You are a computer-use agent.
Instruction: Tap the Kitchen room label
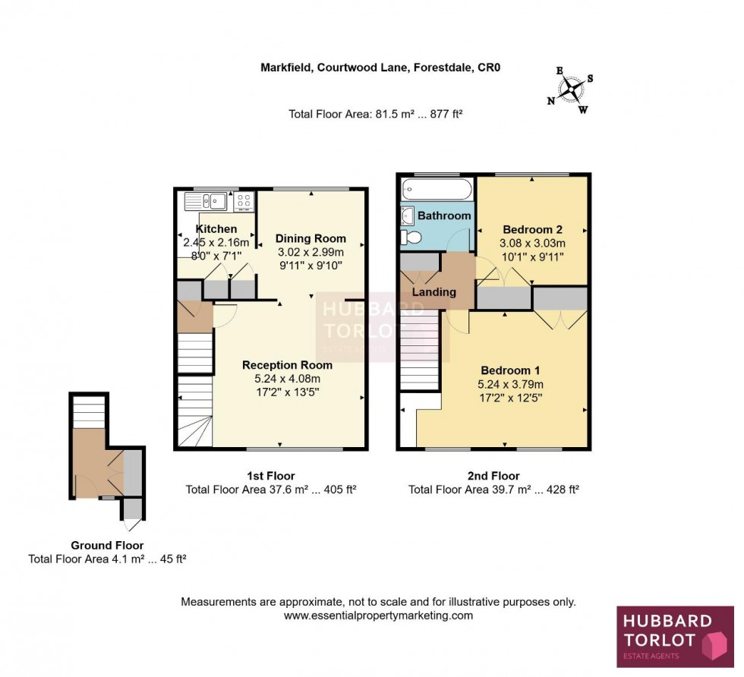[216, 229]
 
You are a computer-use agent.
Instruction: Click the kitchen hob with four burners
[244, 201]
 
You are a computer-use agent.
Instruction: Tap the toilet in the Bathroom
[412, 238]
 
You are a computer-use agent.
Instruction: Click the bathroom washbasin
[407, 216]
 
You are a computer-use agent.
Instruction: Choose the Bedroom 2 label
[531, 229]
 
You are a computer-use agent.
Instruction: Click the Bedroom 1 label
[509, 370]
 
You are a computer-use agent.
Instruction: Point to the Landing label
[434, 291]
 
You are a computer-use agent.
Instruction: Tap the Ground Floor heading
[107, 545]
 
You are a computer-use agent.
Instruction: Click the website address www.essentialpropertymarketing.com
[378, 616]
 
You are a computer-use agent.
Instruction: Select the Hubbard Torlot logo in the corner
[675, 636]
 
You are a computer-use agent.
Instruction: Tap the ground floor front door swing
[132, 524]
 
